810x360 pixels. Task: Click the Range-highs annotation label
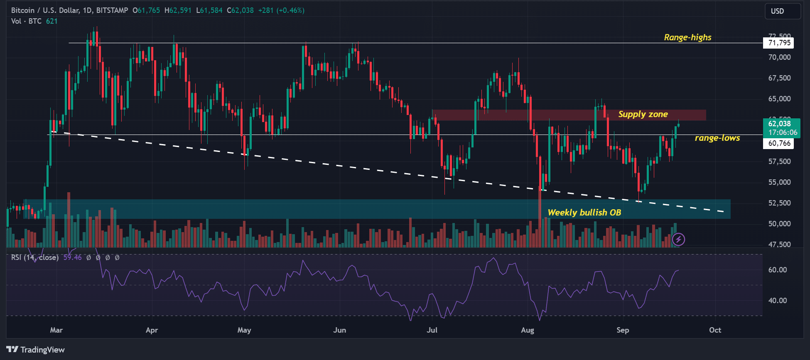coord(687,37)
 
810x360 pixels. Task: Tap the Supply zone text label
coord(643,114)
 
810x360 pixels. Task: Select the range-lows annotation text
coord(717,138)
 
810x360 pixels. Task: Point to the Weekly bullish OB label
coord(584,213)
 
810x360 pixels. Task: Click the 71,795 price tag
coord(779,43)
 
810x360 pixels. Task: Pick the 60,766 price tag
coord(779,143)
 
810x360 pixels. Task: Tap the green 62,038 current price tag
coord(781,124)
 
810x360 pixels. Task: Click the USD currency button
coord(782,11)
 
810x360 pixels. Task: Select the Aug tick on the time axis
coord(528,330)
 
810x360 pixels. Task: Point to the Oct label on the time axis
coord(715,330)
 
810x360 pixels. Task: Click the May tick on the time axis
coord(244,330)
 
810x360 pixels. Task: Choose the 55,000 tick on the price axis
coord(779,182)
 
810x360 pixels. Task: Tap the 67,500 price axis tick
coord(779,78)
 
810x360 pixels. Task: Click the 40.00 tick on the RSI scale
coord(777,301)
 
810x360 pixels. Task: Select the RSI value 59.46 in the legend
coord(72,257)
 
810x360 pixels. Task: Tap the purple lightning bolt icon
coord(678,239)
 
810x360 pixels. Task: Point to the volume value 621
coord(52,21)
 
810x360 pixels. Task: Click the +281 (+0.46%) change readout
coord(281,10)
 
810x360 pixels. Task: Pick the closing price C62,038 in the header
coord(240,10)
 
